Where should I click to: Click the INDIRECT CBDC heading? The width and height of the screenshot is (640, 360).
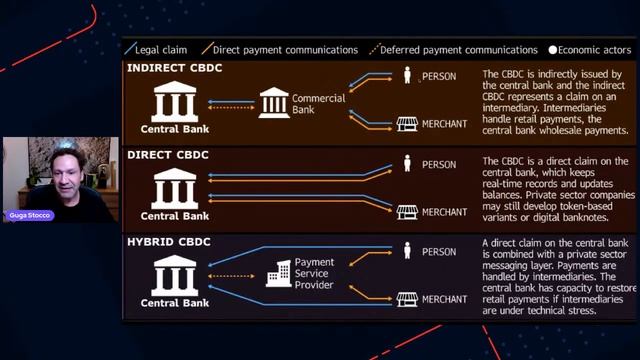click(x=174, y=68)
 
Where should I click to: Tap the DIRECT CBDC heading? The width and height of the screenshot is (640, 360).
click(x=167, y=154)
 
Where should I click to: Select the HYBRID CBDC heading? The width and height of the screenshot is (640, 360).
click(x=169, y=243)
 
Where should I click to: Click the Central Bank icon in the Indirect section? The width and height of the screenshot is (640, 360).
click(x=174, y=101)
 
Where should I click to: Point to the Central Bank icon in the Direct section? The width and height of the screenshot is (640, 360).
click(x=174, y=187)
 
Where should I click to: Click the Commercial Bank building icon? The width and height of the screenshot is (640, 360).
click(x=273, y=102)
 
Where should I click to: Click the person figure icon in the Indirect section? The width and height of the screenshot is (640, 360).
click(x=406, y=75)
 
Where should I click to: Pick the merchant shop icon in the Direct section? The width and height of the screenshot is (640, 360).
click(x=406, y=212)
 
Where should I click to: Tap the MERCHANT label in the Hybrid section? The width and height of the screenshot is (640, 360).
click(x=444, y=299)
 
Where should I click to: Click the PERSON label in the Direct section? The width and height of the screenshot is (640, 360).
click(x=439, y=165)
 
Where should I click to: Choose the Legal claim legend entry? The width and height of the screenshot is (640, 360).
click(x=159, y=49)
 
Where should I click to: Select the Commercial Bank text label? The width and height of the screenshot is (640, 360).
click(x=318, y=104)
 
